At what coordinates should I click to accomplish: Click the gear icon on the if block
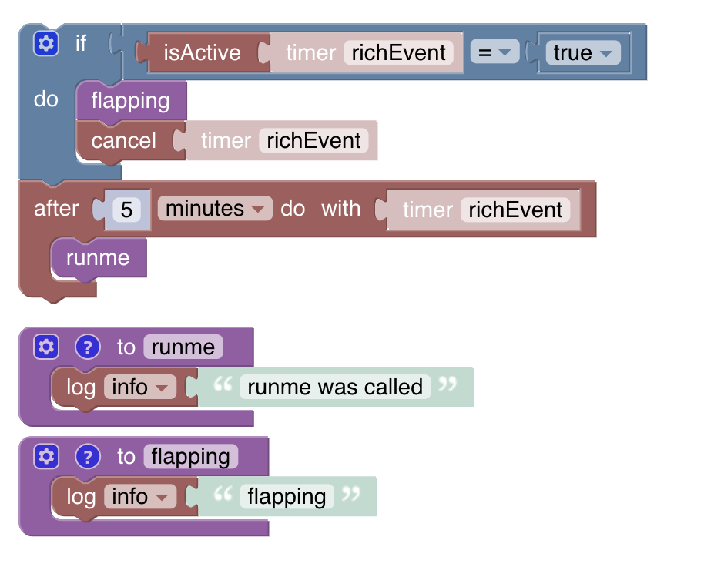coord(46,44)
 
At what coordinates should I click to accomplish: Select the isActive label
coord(202,53)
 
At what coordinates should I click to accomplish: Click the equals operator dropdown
coord(494,53)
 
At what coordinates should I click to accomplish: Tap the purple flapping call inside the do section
coord(130,101)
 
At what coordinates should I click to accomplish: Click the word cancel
coord(123,141)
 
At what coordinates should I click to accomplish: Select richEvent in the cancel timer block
coord(313,141)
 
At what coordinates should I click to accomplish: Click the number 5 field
coord(127,210)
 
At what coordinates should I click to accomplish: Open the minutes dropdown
coord(215,209)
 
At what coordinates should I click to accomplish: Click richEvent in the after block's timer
coord(515,210)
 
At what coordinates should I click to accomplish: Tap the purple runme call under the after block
coord(98,258)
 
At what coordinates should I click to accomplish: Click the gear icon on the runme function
coord(46,347)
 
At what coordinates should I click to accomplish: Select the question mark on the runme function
coord(88,347)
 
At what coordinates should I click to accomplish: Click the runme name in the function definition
coord(183,347)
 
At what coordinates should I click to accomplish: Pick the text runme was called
coord(335,387)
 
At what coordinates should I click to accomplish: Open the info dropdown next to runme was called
coord(139,387)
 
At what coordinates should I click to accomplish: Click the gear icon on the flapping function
coord(46,457)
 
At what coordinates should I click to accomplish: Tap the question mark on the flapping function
coord(88,457)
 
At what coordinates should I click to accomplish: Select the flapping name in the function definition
coord(191,457)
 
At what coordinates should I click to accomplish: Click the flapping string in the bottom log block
coord(287,497)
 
